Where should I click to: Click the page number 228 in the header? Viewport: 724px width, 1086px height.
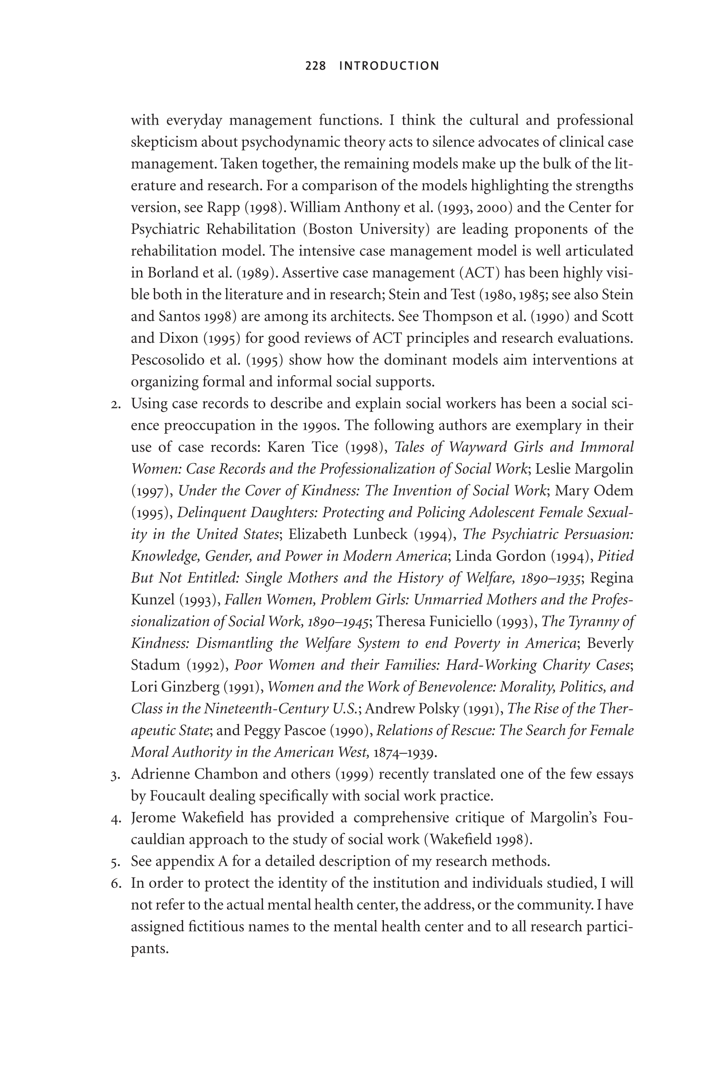(x=315, y=66)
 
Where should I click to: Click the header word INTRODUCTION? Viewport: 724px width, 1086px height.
(x=389, y=66)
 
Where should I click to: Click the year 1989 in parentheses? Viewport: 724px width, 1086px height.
(x=256, y=273)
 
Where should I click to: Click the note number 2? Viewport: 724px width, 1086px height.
(x=115, y=404)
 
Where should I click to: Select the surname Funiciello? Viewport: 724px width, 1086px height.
(x=460, y=622)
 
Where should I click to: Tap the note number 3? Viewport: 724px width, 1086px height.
(x=115, y=775)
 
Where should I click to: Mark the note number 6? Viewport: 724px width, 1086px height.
(x=115, y=884)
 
